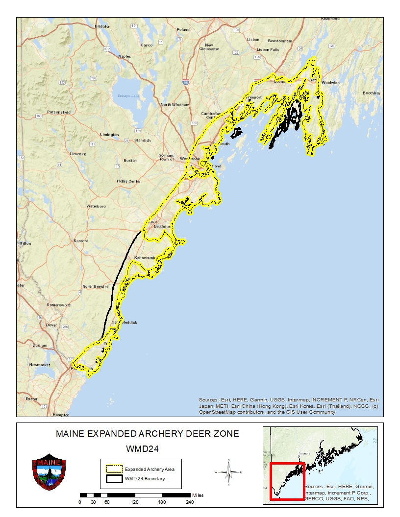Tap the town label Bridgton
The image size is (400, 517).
[x=103, y=26]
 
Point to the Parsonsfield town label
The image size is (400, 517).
[x=59, y=112]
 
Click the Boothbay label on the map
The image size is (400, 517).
[x=371, y=93]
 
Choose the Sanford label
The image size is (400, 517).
[x=81, y=241]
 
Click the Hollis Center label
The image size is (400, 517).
[x=129, y=181]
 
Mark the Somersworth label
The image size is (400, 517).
[x=59, y=305]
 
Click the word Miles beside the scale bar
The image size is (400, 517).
[x=198, y=495]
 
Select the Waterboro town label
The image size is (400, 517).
[x=96, y=206]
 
